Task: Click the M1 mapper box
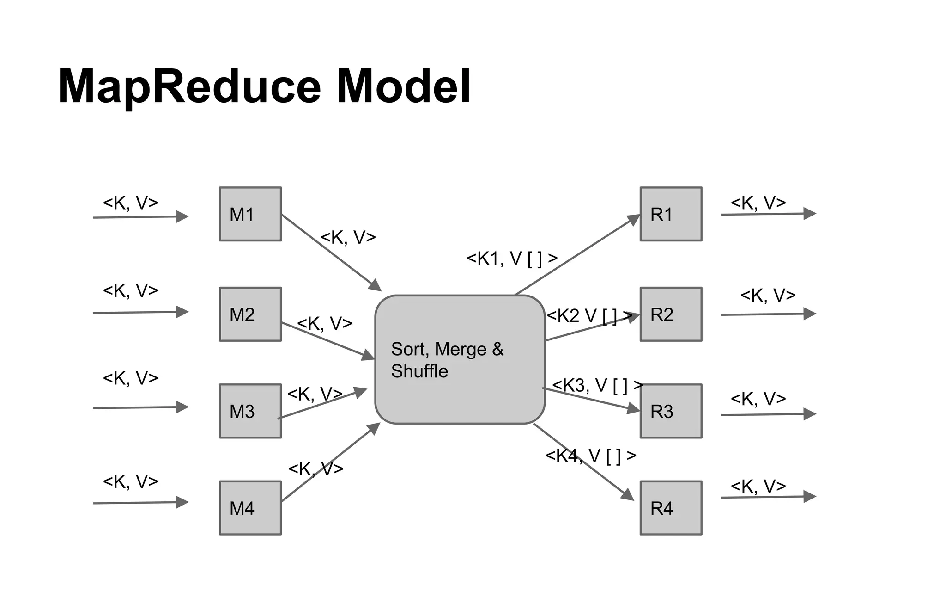(250, 214)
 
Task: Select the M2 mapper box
(250, 314)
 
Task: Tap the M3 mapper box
(250, 411)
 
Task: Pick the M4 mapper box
(250, 508)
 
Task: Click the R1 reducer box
(671, 214)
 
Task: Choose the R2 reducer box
(671, 314)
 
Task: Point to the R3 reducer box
(671, 411)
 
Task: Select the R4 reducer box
(671, 508)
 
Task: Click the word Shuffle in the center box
(419, 371)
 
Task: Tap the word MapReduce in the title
(189, 87)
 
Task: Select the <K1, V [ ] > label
(512, 259)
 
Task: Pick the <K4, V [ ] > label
(591, 456)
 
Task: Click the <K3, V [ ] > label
(597, 385)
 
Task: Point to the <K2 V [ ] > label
(589, 316)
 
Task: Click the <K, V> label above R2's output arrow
(768, 295)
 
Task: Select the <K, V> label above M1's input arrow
(130, 203)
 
